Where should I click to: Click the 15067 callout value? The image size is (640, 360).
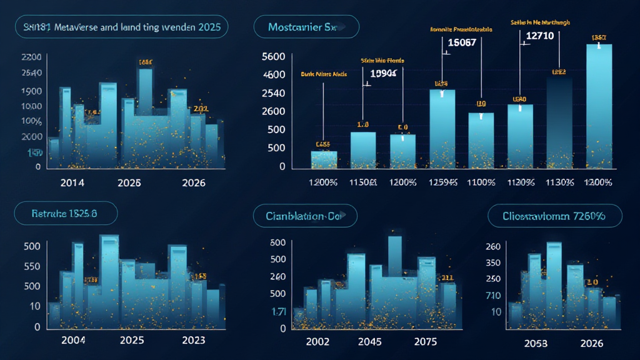pyautogui.click(x=462, y=42)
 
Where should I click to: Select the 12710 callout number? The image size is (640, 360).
pyautogui.click(x=540, y=36)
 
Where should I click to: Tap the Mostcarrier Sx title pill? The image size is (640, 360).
pyautogui.click(x=306, y=27)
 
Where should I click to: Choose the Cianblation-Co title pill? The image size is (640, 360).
pyautogui.click(x=305, y=216)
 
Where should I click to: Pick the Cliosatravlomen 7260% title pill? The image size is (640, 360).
pyautogui.click(x=554, y=216)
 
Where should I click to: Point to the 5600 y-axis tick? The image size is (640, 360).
pyautogui.click(x=274, y=57)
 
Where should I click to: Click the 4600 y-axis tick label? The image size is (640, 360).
pyautogui.click(x=274, y=75)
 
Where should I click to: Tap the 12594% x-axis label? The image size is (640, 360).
pyautogui.click(x=442, y=183)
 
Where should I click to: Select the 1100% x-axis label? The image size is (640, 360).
pyautogui.click(x=481, y=183)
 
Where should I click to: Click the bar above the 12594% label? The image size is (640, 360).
pyautogui.click(x=442, y=128)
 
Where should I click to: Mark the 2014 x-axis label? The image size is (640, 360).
pyautogui.click(x=72, y=183)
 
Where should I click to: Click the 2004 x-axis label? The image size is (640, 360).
pyautogui.click(x=72, y=341)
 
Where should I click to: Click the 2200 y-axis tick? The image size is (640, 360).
pyautogui.click(x=31, y=57)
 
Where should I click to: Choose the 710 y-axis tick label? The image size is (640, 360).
pyautogui.click(x=493, y=294)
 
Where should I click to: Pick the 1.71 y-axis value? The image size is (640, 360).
pyautogui.click(x=277, y=311)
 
